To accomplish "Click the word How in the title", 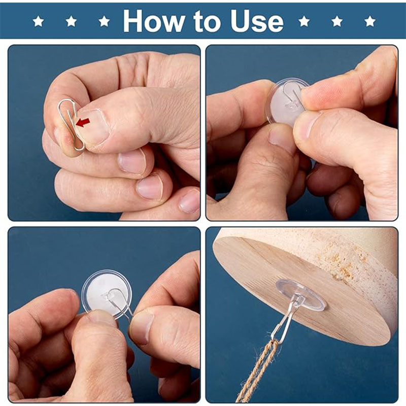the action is [x=154, y=21].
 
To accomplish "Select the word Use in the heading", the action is [x=257, y=21].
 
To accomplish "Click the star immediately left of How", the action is [x=104, y=21].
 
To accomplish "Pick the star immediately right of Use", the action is [x=304, y=21].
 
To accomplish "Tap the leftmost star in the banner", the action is [x=39, y=21].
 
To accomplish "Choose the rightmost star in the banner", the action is [x=370, y=21].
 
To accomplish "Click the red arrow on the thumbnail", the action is [x=83, y=122].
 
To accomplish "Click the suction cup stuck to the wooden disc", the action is [x=300, y=294].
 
